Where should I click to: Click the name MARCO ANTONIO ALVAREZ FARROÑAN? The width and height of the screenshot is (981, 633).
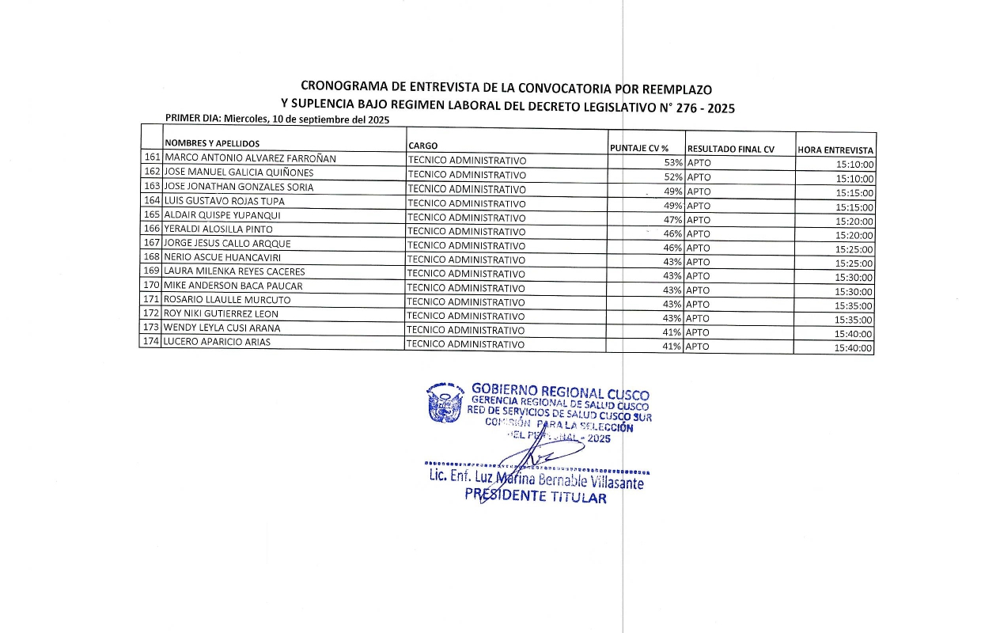250,158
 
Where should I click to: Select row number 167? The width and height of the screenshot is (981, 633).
152,243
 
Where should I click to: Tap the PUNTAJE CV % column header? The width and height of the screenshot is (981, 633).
639,148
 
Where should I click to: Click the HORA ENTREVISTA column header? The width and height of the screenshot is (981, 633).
835,150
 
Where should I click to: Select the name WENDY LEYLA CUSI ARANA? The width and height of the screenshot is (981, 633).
222,328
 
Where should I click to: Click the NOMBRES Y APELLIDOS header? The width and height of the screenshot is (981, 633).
212,144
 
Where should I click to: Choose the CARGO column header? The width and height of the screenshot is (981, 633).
422,146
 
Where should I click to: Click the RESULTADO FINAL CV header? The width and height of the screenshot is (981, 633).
730,149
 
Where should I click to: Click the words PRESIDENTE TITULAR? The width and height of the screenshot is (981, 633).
535,497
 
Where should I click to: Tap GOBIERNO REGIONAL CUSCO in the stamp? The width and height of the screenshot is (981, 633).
559,391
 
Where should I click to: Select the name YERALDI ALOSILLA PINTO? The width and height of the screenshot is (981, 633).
218,229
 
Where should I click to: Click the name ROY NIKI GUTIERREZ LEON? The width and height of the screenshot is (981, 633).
221,313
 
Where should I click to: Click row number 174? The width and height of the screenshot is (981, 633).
152,341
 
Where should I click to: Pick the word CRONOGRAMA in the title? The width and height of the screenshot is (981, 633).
343,86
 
